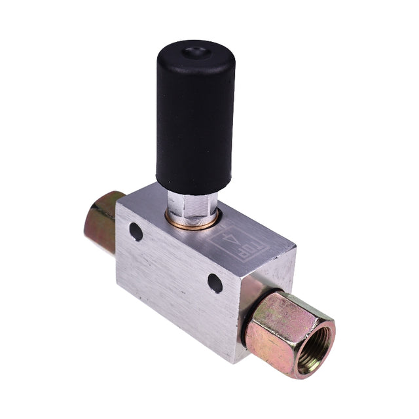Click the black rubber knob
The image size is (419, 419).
[x=195, y=118]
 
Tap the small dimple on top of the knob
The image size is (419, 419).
[x=194, y=52]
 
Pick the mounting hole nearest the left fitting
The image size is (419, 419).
[x=136, y=231]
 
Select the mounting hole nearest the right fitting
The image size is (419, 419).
[x=215, y=282]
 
